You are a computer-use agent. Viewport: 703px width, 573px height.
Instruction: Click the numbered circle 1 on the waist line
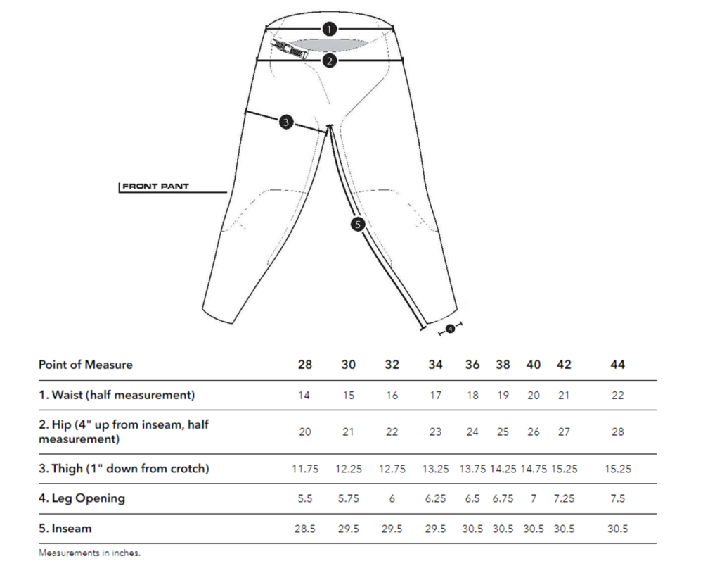click(329, 30)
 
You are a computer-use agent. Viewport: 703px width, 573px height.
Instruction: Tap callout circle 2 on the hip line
click(329, 61)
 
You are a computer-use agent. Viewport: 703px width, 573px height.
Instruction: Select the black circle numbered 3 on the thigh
click(286, 122)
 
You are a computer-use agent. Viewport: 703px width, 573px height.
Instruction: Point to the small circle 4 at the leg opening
click(451, 329)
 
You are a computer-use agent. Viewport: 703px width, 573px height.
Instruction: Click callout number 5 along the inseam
click(357, 224)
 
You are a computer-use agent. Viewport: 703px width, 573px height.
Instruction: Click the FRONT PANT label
click(155, 186)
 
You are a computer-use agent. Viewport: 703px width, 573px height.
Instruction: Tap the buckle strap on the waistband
click(289, 49)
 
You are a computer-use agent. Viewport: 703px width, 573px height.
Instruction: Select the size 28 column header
click(305, 365)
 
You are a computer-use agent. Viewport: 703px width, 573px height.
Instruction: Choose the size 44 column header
click(617, 365)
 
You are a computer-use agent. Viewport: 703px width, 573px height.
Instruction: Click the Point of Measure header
click(86, 365)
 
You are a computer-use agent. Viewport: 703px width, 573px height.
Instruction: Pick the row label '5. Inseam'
click(65, 529)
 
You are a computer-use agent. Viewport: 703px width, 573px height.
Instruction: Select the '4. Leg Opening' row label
click(82, 498)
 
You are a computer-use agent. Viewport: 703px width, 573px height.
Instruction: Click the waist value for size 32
click(392, 396)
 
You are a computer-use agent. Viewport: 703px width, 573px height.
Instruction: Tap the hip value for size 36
click(472, 432)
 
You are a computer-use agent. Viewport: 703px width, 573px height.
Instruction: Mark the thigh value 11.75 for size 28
click(305, 470)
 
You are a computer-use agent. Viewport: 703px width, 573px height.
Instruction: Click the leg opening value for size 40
click(534, 499)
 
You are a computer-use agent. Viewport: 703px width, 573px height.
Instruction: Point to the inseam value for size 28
click(305, 529)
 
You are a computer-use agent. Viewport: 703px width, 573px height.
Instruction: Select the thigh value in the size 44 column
click(617, 470)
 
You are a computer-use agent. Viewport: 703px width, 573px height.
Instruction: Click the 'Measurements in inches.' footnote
click(90, 553)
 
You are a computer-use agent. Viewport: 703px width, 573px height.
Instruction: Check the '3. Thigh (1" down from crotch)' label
click(124, 469)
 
